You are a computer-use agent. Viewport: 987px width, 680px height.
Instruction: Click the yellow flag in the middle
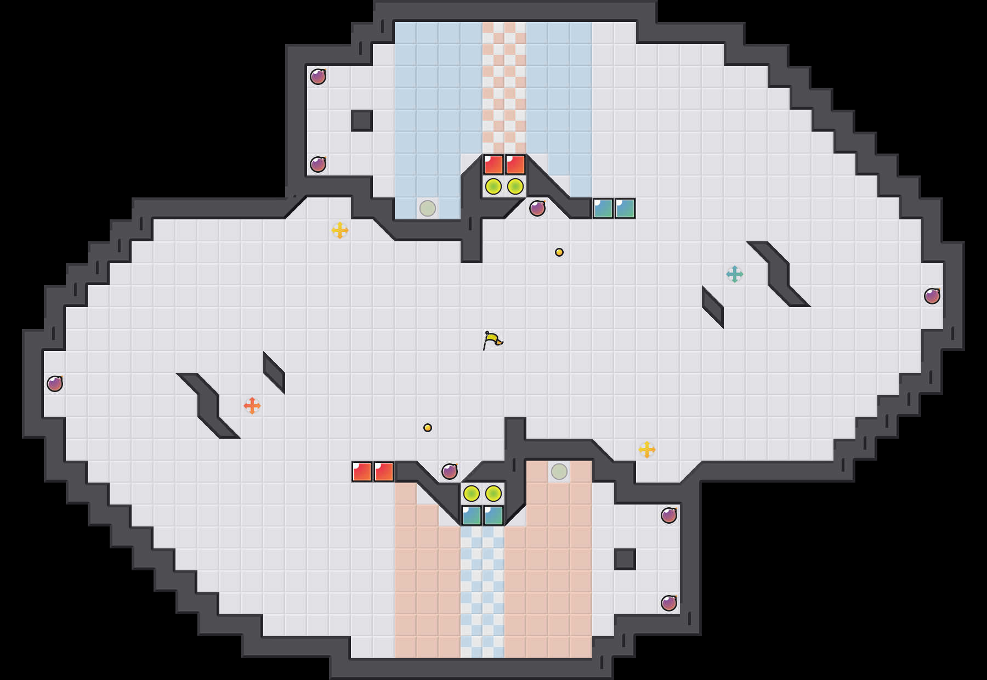click(x=492, y=340)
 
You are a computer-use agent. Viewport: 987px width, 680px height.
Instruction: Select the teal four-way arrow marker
click(x=735, y=274)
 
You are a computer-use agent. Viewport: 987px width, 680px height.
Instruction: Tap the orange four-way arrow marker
click(x=252, y=406)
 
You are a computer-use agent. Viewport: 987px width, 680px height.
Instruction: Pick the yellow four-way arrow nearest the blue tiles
click(x=340, y=230)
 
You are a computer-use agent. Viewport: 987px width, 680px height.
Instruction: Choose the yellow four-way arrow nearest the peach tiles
click(x=647, y=450)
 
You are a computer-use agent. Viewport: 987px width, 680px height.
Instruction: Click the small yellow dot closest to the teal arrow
click(x=559, y=252)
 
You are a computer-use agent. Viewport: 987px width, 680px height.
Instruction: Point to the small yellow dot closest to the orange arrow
click(x=428, y=428)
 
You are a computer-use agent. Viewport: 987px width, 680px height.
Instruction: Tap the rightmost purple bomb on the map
click(x=932, y=296)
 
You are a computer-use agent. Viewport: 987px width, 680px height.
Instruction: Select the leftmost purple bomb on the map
click(x=55, y=384)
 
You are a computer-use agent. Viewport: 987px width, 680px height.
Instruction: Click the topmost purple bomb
click(x=318, y=77)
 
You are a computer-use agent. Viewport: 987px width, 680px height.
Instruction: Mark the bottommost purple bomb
click(x=669, y=603)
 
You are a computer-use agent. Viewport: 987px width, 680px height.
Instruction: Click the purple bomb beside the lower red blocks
click(x=450, y=472)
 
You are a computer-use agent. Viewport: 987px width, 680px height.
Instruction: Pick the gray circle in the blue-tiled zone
click(x=428, y=208)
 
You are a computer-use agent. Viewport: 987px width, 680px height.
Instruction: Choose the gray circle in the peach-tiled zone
click(x=559, y=472)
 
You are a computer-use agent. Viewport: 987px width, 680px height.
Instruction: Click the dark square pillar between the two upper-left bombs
click(x=362, y=121)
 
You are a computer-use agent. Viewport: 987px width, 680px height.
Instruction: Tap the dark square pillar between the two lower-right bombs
click(x=625, y=559)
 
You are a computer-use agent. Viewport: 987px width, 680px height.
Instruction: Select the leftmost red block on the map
click(x=362, y=472)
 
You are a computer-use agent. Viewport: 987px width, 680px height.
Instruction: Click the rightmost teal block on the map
click(x=625, y=208)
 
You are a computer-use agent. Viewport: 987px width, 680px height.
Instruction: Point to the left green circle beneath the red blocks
click(x=493, y=186)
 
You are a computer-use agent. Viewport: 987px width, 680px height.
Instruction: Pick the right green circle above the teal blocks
click(x=493, y=494)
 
